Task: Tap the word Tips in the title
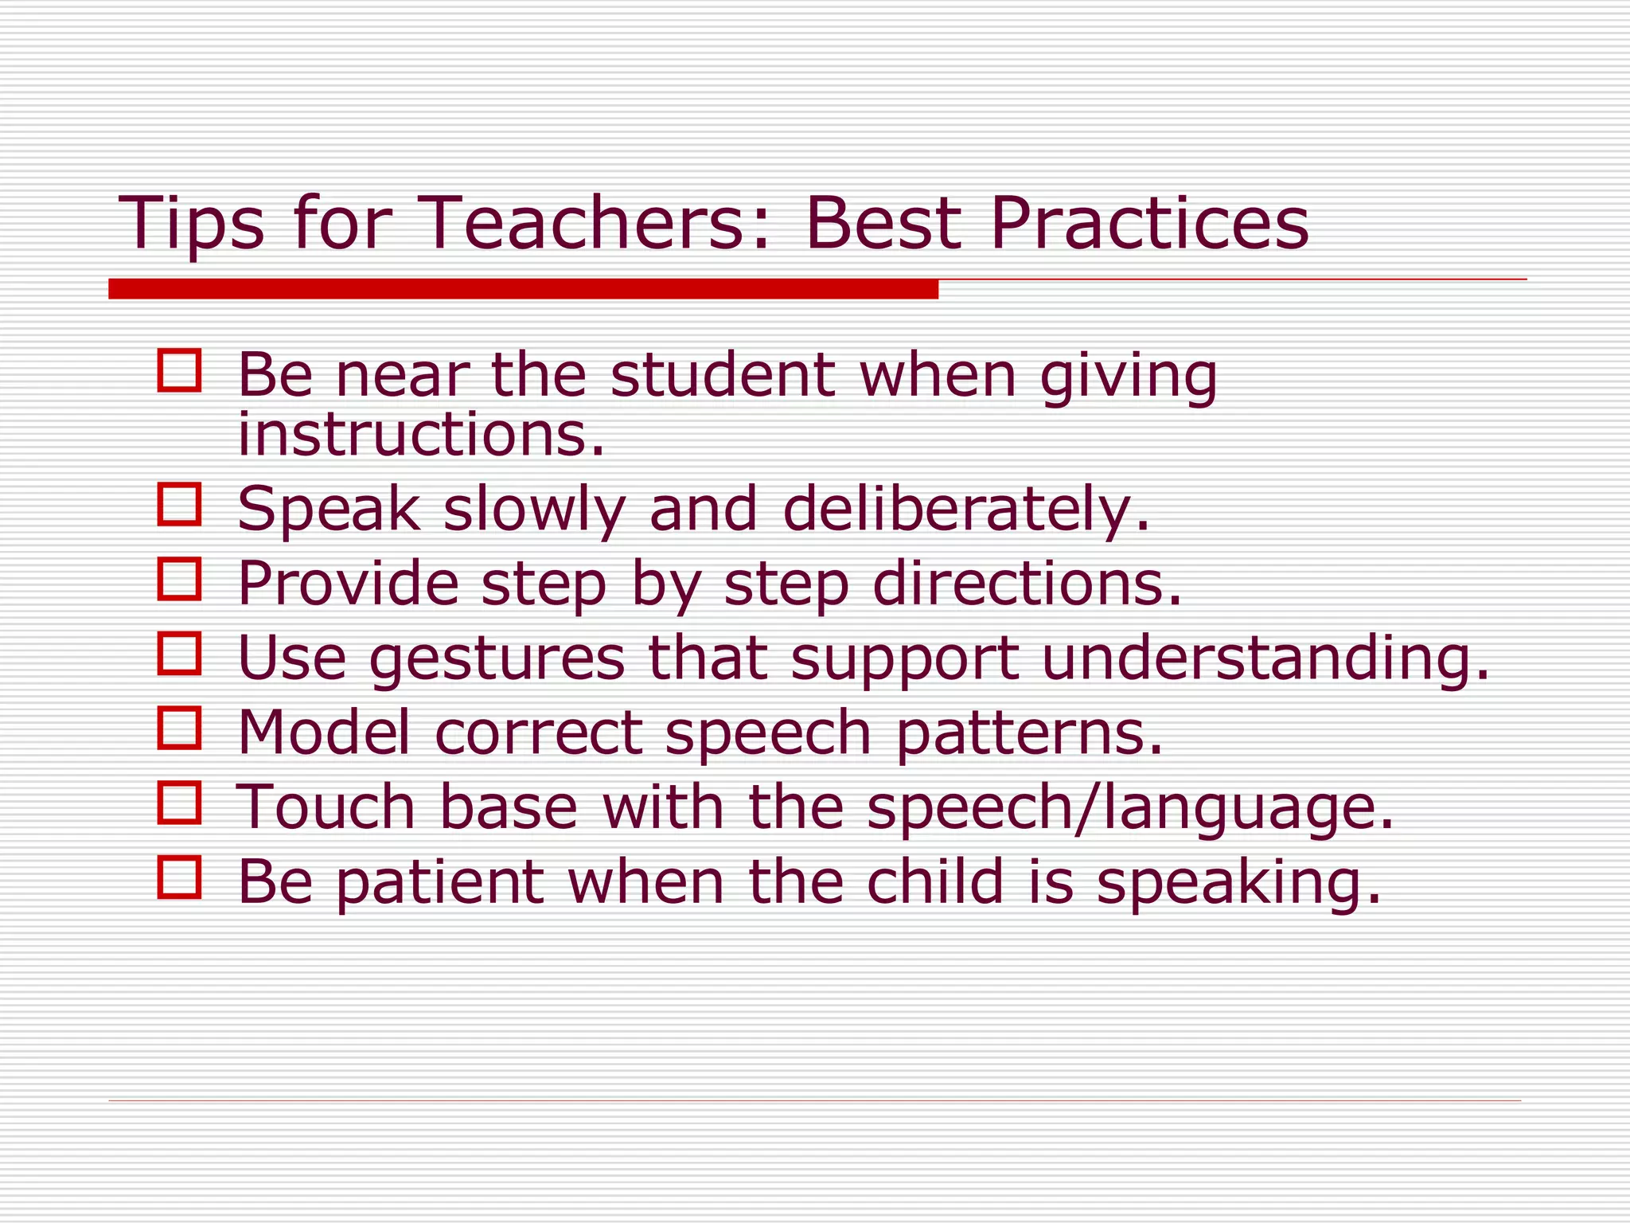click(191, 225)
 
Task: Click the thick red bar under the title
click(523, 289)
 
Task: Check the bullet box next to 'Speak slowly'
click(179, 504)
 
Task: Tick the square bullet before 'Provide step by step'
click(179, 579)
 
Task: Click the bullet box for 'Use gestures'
click(179, 653)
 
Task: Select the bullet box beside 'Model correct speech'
click(179, 728)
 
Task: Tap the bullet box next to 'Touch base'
click(179, 803)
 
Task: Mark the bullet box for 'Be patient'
click(179, 877)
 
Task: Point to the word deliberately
click(966, 510)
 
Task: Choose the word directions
click(1027, 584)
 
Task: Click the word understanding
click(1265, 659)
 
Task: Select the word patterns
click(1029, 733)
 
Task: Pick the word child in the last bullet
click(934, 881)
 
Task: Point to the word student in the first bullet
click(723, 375)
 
